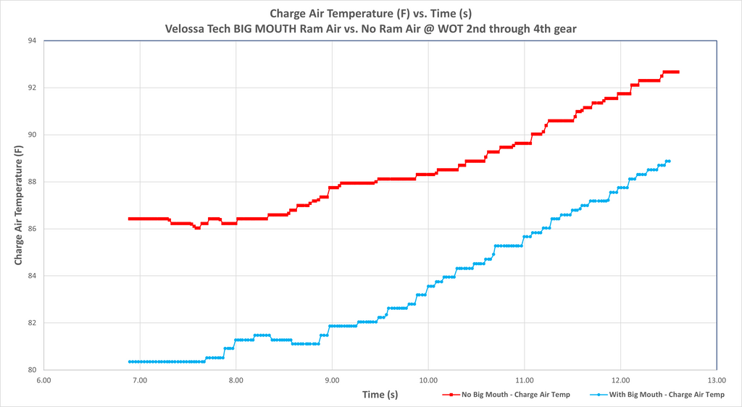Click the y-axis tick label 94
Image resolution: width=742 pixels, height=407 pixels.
(32, 41)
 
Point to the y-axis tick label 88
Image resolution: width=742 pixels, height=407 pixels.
(32, 182)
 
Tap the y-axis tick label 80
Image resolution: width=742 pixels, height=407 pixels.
(32, 370)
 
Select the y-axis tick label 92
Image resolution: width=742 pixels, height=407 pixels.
(32, 88)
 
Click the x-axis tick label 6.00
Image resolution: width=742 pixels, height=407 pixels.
(43, 380)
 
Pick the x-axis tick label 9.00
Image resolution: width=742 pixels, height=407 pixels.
(332, 380)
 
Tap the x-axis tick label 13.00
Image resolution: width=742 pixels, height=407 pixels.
(717, 380)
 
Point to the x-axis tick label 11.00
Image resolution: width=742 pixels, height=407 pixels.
(525, 380)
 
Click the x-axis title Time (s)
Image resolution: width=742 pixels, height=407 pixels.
(380, 394)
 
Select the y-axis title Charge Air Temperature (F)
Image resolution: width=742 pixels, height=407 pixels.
(18, 205)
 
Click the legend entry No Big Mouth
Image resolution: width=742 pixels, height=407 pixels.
(507, 394)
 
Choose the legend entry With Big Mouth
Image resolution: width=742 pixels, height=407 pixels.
(658, 394)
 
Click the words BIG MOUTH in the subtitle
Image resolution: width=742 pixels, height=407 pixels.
(265, 29)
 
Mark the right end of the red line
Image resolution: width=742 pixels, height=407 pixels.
(678, 72)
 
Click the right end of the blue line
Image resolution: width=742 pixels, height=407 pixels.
(669, 161)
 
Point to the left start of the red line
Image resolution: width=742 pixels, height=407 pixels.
(130, 219)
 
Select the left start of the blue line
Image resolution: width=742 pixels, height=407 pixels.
(130, 361)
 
